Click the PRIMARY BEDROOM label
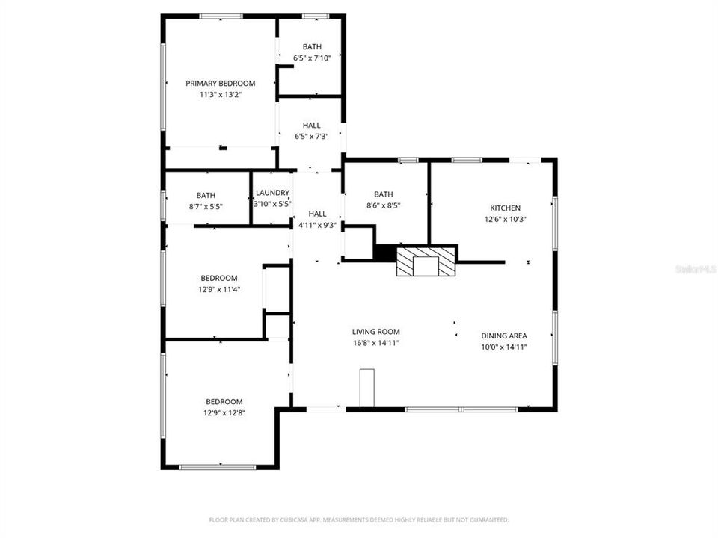point(221,84)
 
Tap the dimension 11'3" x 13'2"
point(221,95)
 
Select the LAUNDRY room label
point(271,193)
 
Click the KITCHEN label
point(505,208)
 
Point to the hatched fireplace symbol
point(426,262)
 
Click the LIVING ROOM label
point(376,332)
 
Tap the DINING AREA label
point(504,336)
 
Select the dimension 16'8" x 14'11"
point(376,343)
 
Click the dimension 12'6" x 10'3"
point(505,220)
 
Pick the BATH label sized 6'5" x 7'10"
point(312,47)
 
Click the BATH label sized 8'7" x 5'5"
point(206,196)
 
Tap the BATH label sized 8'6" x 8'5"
point(383,194)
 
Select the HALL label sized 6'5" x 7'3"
point(312,126)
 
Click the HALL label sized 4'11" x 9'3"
point(317,214)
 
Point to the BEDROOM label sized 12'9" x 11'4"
point(219,279)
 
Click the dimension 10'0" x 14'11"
point(504,347)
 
